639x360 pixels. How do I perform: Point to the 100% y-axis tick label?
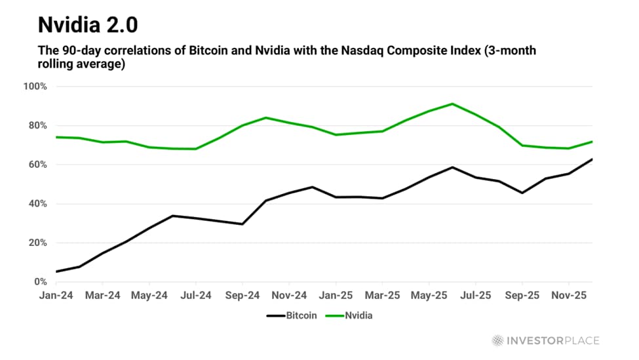coord(35,87)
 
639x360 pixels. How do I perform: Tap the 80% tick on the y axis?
coord(37,126)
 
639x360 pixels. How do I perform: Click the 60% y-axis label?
coord(37,165)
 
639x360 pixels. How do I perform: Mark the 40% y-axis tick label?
coord(37,204)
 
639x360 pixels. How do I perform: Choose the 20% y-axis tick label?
coord(37,243)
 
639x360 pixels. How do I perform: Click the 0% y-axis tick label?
coord(39,282)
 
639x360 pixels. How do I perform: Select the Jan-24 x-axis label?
coord(56,296)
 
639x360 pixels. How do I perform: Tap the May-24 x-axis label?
coord(149,296)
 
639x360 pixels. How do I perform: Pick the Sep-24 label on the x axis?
coord(242,296)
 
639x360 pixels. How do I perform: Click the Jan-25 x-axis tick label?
coord(336,296)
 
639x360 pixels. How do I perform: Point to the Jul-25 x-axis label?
coord(476,296)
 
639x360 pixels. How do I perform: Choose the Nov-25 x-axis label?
coord(569,296)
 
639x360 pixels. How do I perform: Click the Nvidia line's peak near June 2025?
coord(452,104)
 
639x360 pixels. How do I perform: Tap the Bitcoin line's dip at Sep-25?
coord(522,193)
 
